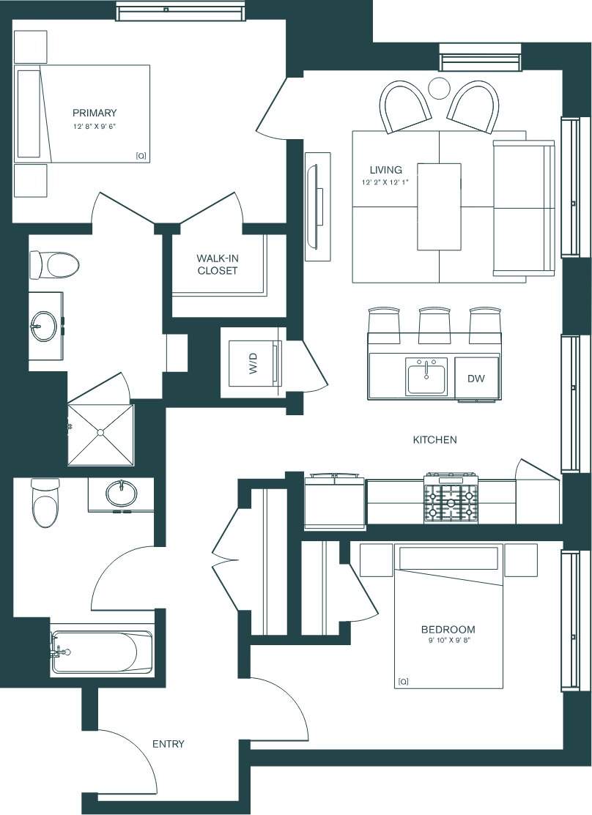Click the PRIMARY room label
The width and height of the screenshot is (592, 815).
[x=95, y=113]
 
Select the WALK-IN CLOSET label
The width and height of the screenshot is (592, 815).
[x=217, y=264]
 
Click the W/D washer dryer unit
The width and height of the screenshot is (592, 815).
[x=253, y=362]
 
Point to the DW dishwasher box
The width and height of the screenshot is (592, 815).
[x=477, y=379]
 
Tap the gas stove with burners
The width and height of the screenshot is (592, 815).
[x=451, y=499]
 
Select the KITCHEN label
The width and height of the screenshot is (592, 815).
[x=434, y=440]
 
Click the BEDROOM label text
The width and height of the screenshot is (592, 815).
[x=448, y=629]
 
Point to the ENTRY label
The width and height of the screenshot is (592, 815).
[x=168, y=744]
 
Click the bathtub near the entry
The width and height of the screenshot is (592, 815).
[x=103, y=652]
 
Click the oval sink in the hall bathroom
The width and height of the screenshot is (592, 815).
[x=121, y=494]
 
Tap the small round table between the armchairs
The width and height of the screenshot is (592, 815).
[x=440, y=88]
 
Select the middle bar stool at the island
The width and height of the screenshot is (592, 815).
[x=433, y=324]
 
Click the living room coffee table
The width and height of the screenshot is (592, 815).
[x=439, y=206]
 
